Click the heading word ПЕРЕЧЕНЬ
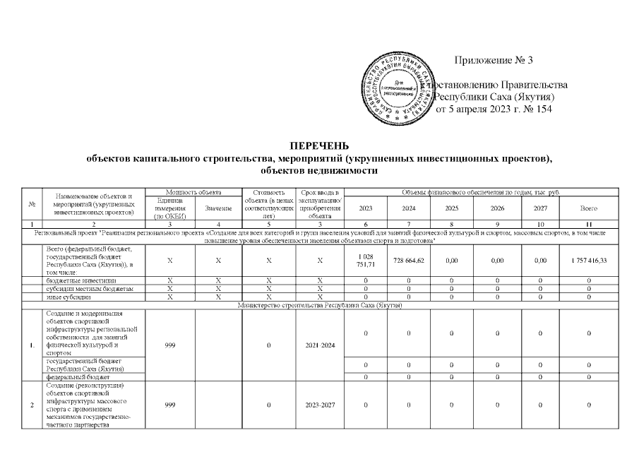tap(320, 146)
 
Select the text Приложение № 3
tap(492, 59)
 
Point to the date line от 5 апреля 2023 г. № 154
tap(493, 109)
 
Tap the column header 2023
tap(366, 209)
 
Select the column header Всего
tap(589, 209)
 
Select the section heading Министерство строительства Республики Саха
tap(320, 305)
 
